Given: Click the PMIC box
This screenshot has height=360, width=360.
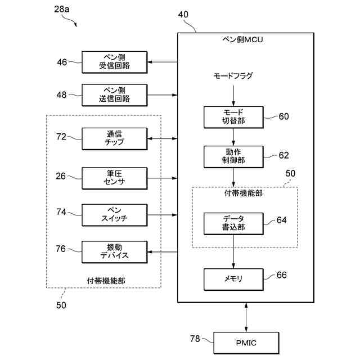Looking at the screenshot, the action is pos(246,343).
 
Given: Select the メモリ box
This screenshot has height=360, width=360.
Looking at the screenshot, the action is pos(233,280).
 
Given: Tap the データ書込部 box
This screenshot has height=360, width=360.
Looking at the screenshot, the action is pos(233,224).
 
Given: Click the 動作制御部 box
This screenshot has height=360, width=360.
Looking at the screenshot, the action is pos(233,156).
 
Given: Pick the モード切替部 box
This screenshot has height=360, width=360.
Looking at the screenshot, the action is pos(233,117).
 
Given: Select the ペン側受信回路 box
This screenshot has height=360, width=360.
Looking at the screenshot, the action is pos(115,62).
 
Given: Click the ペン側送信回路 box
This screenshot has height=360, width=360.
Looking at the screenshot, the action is pos(115,95).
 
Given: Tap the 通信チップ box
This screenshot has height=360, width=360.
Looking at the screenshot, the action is pos(115,139).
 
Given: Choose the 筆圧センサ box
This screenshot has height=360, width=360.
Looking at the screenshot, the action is pos(115,178).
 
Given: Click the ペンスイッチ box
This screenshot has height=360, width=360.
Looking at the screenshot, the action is pos(115,215).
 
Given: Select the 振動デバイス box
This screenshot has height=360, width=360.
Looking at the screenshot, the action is pos(115,252).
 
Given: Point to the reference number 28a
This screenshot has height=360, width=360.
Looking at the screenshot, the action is pos(61,9).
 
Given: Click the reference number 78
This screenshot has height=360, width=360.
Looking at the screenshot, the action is pos(195,339).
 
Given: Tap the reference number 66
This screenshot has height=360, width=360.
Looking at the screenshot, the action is pos(282,275).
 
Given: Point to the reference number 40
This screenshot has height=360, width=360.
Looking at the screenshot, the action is pos(183,15).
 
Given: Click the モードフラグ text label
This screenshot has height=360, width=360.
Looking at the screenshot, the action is pos(233,76).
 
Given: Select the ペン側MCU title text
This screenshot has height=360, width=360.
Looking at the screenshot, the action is pos(242,40).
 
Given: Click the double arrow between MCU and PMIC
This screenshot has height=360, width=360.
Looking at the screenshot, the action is pos(246,317).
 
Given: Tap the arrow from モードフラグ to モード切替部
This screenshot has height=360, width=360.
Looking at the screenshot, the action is pos(233,96).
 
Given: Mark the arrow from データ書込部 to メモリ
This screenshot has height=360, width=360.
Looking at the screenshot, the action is pos(233,251).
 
